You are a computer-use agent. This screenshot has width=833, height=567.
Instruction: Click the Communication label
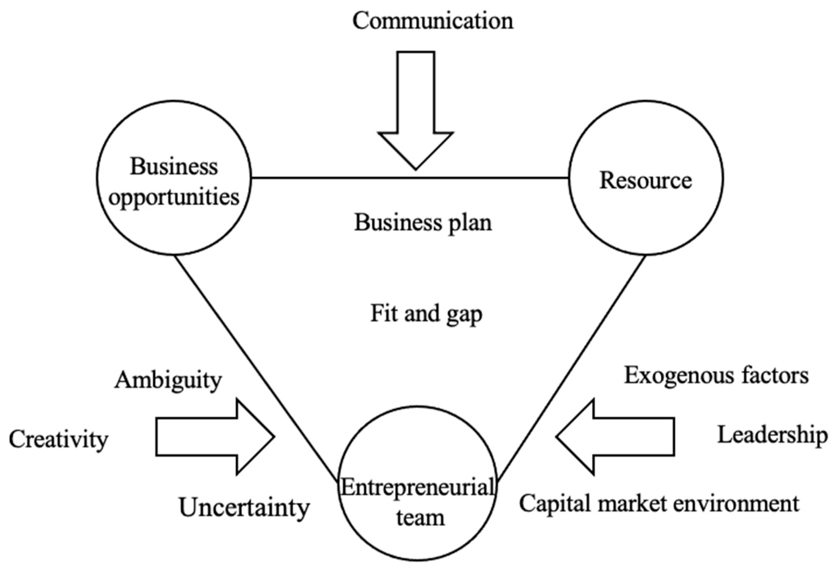(433, 21)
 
